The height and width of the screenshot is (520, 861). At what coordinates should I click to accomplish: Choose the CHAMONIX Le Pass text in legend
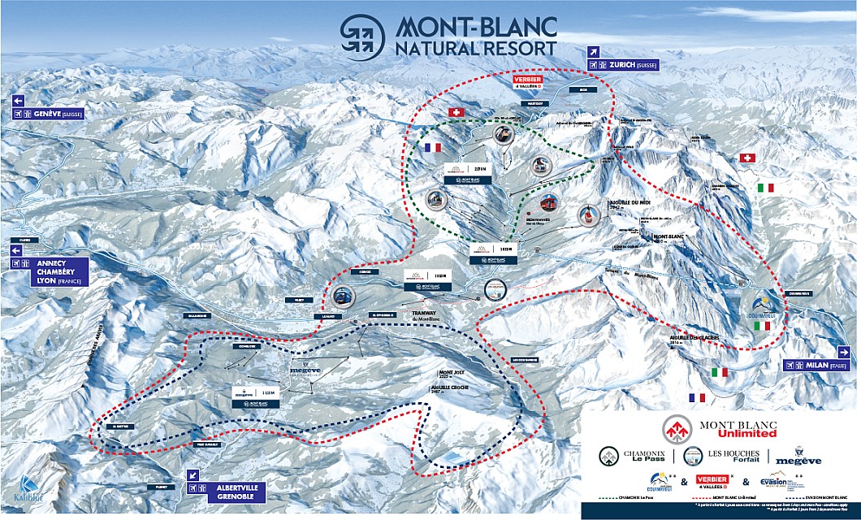(x=647, y=458)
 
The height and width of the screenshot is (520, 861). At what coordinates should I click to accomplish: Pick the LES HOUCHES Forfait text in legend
(x=729, y=458)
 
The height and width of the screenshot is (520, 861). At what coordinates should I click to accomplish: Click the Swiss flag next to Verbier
(x=455, y=112)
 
